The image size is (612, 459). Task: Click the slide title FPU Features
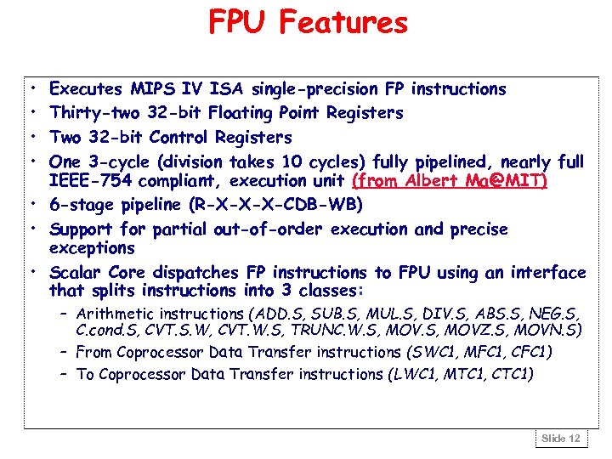(308, 22)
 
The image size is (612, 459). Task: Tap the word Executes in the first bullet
(87, 89)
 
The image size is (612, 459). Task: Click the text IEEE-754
(90, 181)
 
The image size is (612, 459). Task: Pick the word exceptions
(92, 248)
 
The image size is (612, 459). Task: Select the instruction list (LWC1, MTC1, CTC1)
(461, 375)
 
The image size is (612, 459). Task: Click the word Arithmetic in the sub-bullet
(111, 314)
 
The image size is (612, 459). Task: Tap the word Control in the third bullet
(179, 138)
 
